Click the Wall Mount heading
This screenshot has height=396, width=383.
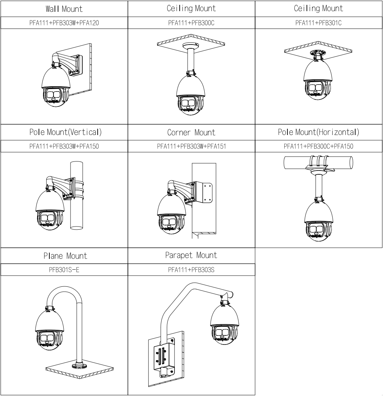click(64, 9)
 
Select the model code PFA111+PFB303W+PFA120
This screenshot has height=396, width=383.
click(64, 23)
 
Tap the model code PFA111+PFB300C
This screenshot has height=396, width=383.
click(191, 23)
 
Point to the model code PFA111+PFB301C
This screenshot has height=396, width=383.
click(318, 23)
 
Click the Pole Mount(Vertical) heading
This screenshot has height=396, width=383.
click(65, 132)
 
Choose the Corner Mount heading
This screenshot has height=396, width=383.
click(191, 133)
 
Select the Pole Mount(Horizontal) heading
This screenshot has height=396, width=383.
click(318, 132)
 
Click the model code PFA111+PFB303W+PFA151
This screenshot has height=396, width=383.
click(191, 146)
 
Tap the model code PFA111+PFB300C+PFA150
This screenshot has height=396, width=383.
click(318, 146)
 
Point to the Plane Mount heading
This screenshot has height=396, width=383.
click(65, 256)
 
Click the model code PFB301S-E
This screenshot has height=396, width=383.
click(64, 270)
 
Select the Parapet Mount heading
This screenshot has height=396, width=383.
click(191, 255)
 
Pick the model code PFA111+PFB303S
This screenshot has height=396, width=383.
click(191, 270)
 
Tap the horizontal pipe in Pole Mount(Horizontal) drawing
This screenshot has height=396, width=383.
click(318, 163)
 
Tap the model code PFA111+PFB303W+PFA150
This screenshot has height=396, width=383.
click(64, 146)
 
